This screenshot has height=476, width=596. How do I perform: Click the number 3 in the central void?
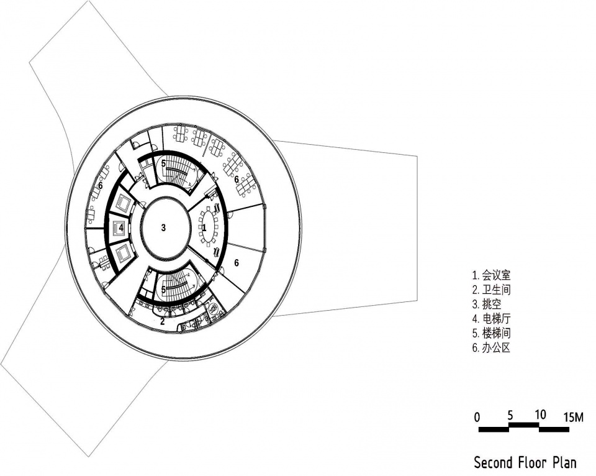pos(163,228)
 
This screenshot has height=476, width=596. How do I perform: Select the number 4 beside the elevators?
pos(121,228)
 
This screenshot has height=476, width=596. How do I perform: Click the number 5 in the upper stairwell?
pos(163,164)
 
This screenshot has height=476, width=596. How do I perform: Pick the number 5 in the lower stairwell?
pos(163,290)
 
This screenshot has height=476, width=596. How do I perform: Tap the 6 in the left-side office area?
pos(101,186)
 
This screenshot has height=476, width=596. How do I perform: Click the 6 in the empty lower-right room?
pos(237,263)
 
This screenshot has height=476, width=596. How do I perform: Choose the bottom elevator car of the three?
pos(123,253)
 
